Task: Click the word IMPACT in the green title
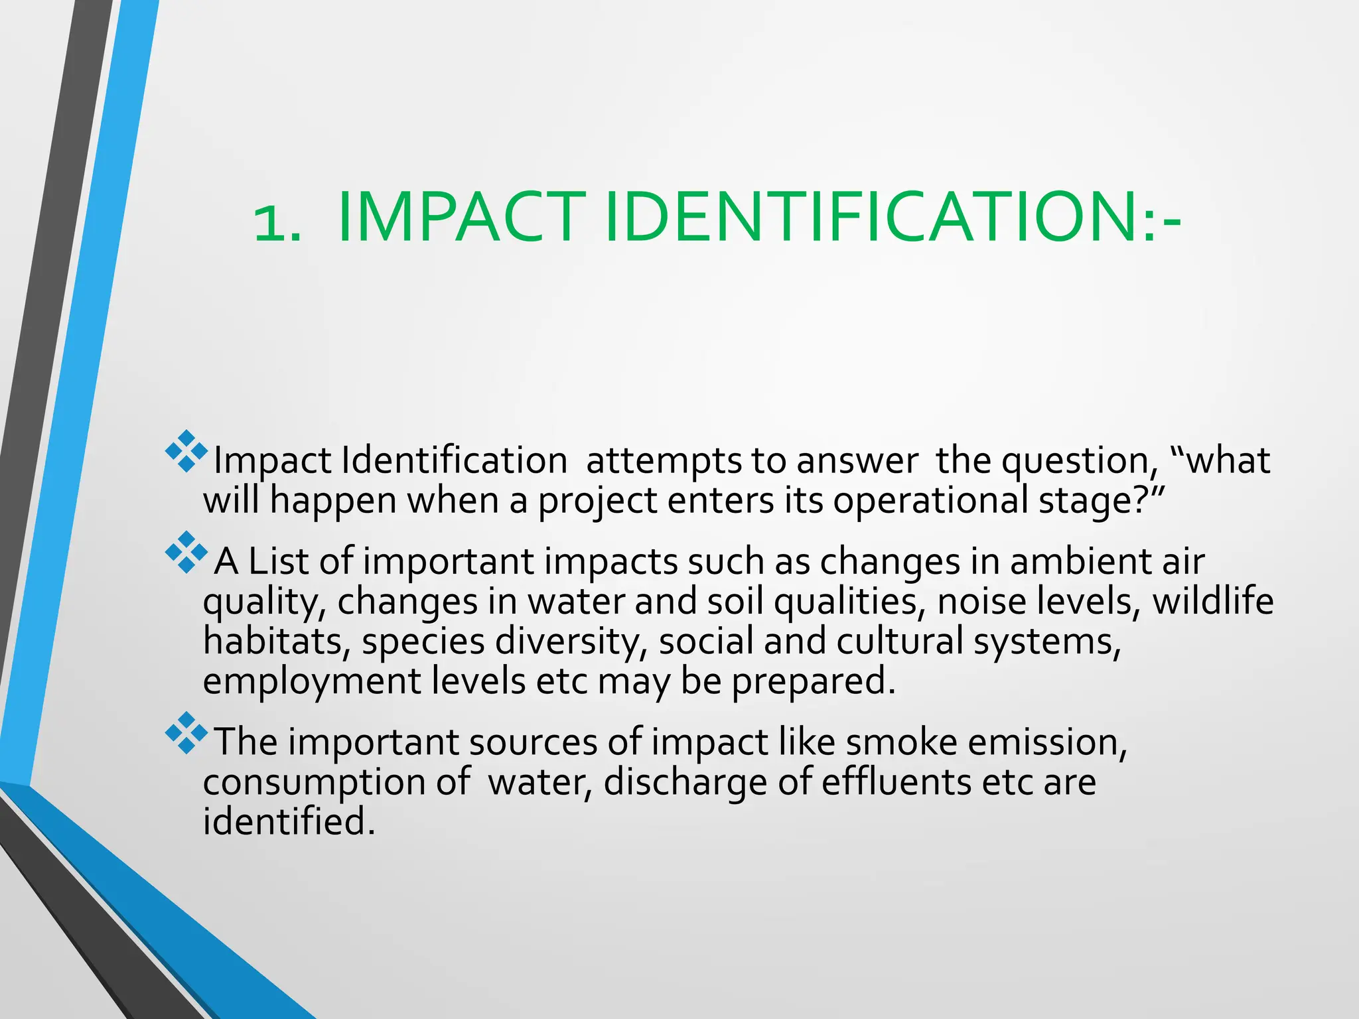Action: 461,218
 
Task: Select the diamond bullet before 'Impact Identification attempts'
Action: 186,451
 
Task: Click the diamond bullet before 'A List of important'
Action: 186,552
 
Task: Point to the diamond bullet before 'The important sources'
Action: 186,732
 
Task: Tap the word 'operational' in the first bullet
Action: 930,501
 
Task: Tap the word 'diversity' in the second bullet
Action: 571,642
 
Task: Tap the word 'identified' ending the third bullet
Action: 288,822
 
